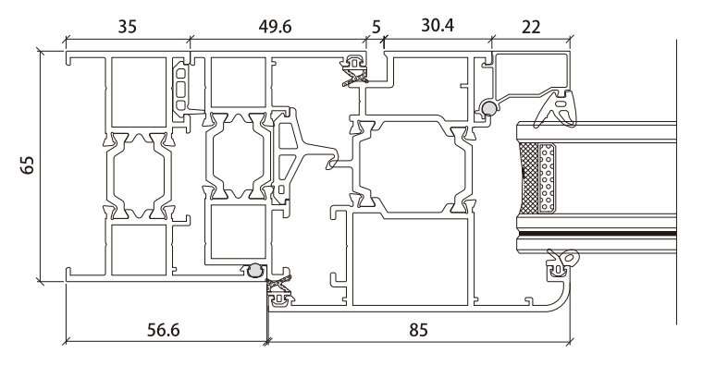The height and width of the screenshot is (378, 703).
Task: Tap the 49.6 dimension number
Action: (x=273, y=27)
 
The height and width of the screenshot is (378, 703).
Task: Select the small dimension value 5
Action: (x=376, y=27)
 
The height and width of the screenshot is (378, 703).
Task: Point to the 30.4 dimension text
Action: (x=438, y=27)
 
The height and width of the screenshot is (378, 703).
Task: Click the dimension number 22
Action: (x=529, y=27)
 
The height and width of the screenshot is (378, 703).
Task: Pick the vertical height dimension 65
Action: (x=27, y=167)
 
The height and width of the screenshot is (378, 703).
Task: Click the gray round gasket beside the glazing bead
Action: (x=487, y=110)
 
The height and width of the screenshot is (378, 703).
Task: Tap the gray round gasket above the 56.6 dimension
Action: (x=253, y=271)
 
